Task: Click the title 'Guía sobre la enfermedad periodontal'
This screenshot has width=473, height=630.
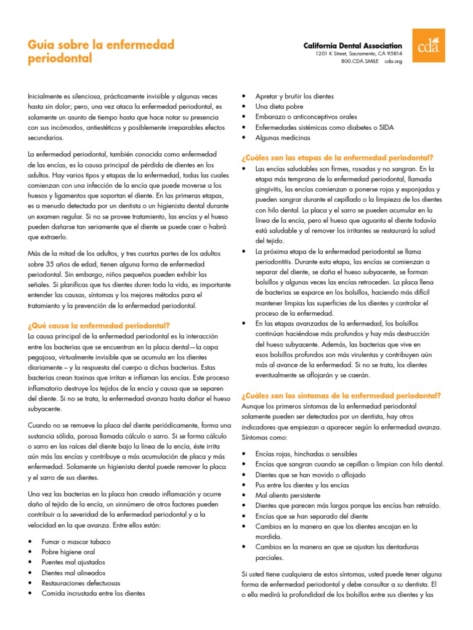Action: coord(101,52)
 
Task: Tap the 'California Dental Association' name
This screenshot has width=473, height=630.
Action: coord(353,46)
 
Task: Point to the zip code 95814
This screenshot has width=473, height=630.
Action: coord(392,54)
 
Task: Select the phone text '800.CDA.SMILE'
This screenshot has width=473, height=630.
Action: coord(360,62)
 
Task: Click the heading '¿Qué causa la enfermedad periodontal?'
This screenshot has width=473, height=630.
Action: coord(99,325)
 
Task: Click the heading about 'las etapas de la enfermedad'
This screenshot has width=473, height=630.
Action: coord(338,157)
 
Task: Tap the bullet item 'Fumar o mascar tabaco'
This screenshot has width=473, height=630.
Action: coord(76,541)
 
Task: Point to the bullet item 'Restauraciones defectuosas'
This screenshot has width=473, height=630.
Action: coord(81,583)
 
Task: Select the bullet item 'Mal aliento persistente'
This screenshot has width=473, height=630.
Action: coord(288,495)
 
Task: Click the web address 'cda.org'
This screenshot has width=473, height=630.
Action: coord(393,62)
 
